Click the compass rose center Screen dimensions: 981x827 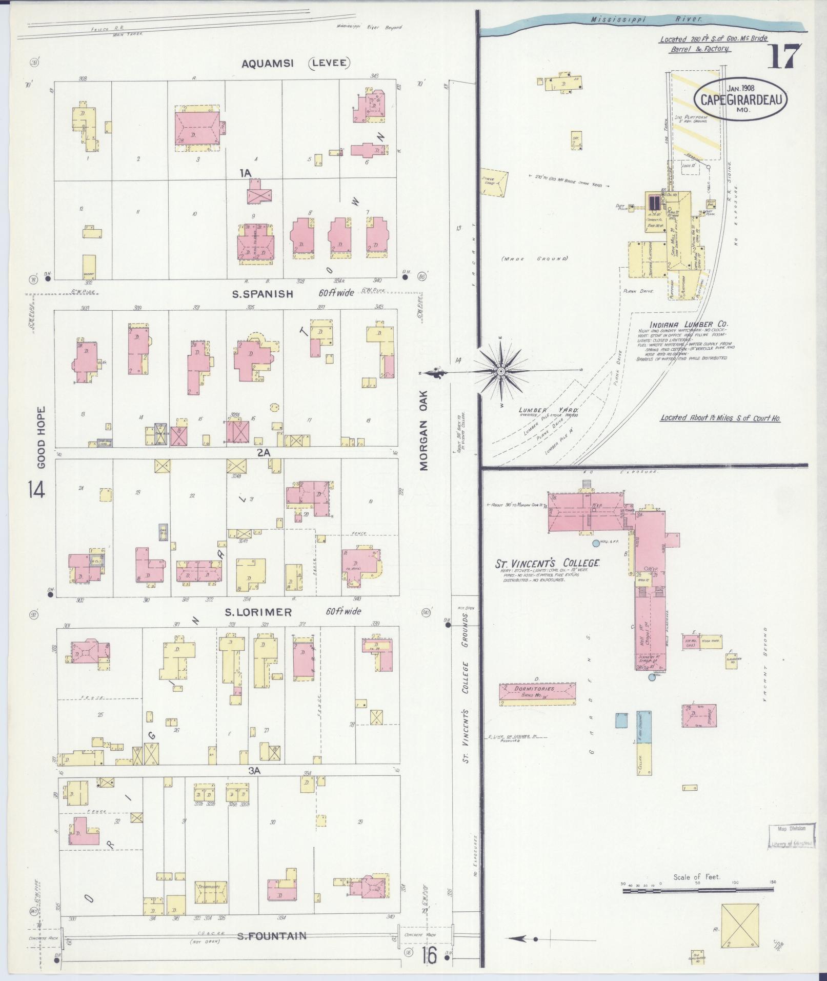click(x=500, y=371)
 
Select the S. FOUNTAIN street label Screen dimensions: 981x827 click(x=271, y=936)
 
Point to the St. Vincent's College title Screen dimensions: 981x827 click(x=547, y=563)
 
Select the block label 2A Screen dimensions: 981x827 click(x=263, y=453)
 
